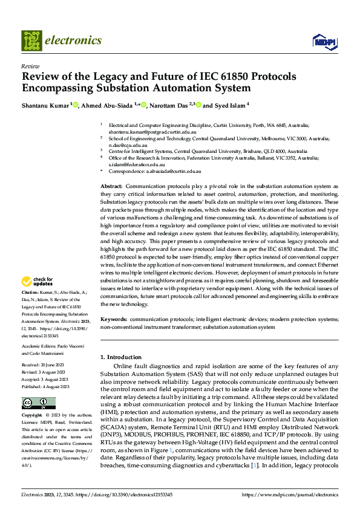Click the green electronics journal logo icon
31,41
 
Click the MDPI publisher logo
324,41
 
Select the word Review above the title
30,66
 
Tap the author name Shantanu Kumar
46,105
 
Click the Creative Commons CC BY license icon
39,403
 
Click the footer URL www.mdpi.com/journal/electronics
290,494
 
